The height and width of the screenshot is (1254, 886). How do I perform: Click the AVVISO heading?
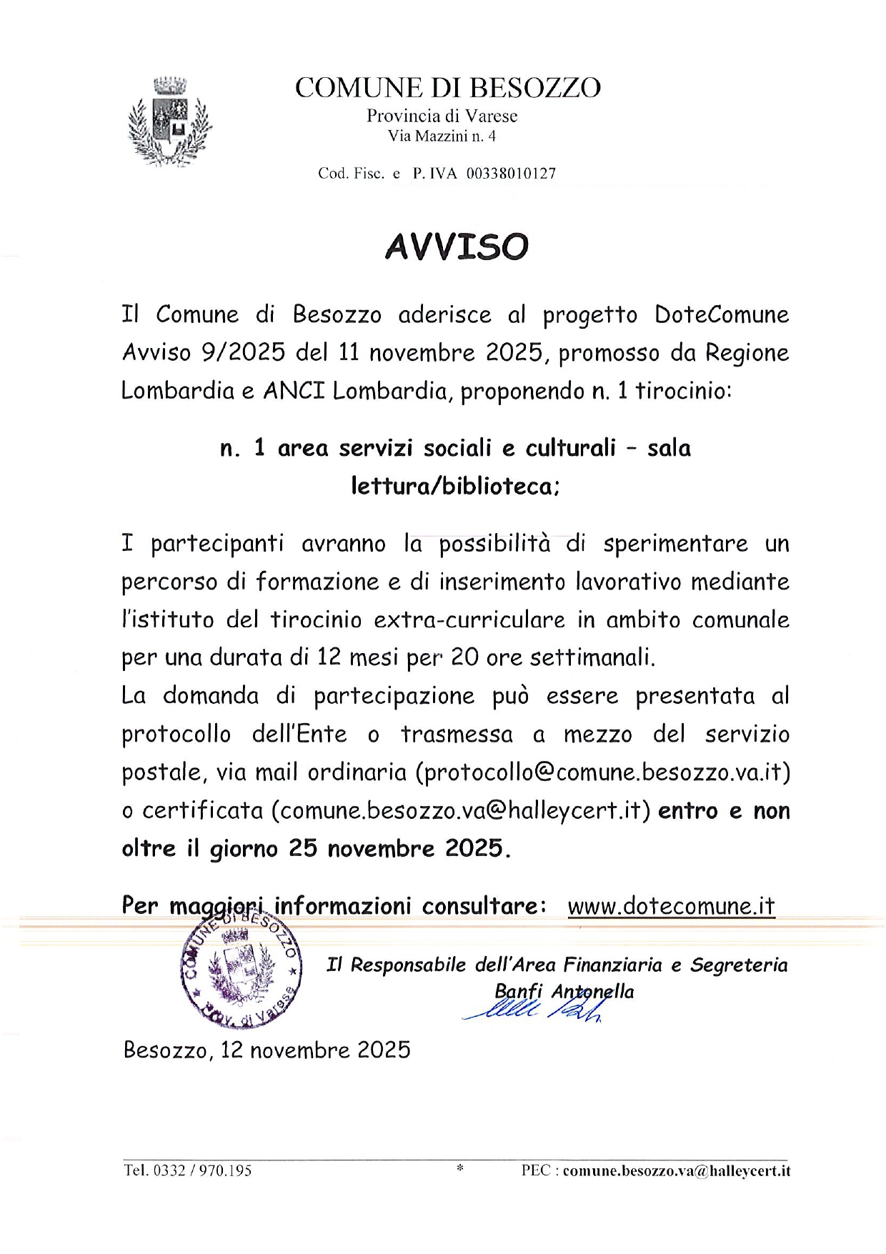click(x=457, y=246)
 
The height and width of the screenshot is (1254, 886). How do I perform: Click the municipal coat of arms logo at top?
click(x=169, y=121)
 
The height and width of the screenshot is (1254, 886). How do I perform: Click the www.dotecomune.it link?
click(x=671, y=905)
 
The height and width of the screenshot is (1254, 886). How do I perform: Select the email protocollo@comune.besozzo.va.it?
click(x=602, y=772)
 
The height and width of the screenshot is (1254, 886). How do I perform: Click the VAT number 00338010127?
click(x=511, y=173)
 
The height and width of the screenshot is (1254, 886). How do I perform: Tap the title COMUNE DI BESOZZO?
click(x=448, y=87)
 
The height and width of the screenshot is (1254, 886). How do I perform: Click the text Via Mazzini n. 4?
click(x=442, y=136)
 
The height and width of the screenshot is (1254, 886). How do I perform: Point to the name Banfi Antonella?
click(x=564, y=991)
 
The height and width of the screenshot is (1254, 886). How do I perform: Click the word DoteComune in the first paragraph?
click(x=722, y=314)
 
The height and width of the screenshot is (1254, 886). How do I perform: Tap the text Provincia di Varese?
click(x=442, y=116)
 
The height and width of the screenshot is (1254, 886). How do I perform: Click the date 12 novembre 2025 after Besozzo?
click(x=315, y=1050)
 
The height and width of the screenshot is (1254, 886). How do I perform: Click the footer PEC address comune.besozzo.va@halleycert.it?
click(x=677, y=1170)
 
